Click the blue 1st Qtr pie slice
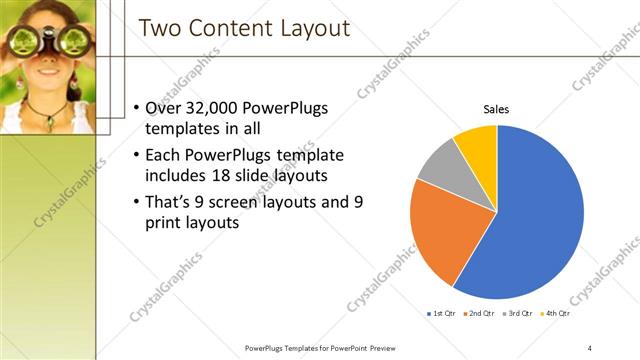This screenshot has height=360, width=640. (x=540, y=220)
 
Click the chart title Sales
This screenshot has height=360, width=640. (x=497, y=110)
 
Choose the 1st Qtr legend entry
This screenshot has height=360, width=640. (x=443, y=314)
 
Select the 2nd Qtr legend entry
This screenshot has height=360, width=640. (x=479, y=314)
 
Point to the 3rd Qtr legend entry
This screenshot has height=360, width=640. (x=516, y=314)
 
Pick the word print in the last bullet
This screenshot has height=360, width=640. (x=166, y=224)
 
